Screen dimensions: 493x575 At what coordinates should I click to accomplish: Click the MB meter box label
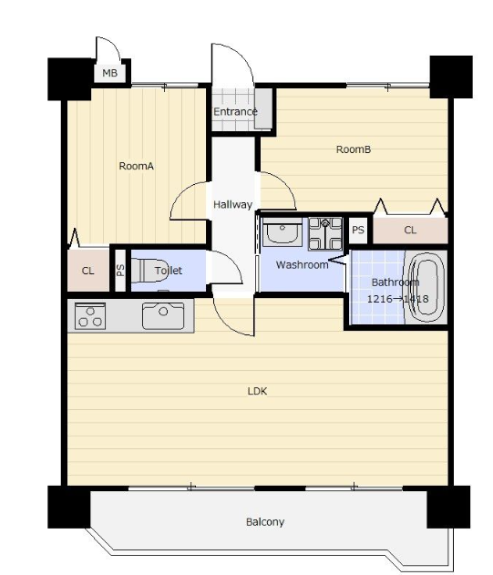(109, 73)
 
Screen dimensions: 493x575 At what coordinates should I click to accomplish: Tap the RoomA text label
(136, 166)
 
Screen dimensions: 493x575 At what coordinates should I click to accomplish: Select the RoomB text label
(354, 149)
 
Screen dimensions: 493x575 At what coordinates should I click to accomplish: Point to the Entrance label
(235, 111)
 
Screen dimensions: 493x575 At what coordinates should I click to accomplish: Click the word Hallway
(233, 204)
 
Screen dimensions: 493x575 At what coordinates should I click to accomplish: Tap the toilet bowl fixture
(149, 271)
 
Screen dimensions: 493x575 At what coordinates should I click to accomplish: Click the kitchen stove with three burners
(90, 315)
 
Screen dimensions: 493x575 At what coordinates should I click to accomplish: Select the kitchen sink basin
(163, 315)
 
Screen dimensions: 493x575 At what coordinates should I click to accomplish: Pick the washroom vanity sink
(282, 232)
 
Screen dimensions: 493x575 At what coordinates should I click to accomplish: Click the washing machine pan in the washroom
(325, 234)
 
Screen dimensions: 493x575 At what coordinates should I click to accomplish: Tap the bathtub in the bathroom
(426, 287)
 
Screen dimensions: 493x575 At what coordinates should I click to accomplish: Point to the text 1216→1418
(397, 299)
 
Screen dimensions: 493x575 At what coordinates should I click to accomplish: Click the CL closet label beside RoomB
(410, 230)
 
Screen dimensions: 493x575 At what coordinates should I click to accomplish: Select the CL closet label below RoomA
(87, 271)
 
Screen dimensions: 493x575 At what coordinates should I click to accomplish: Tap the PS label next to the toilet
(120, 271)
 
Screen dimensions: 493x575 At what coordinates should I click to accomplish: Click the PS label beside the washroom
(358, 230)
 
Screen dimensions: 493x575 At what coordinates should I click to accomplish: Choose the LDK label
(257, 391)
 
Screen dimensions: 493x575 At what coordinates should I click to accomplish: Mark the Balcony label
(265, 522)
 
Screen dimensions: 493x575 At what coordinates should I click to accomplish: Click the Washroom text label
(303, 265)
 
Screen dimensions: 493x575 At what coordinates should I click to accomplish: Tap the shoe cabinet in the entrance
(263, 108)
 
